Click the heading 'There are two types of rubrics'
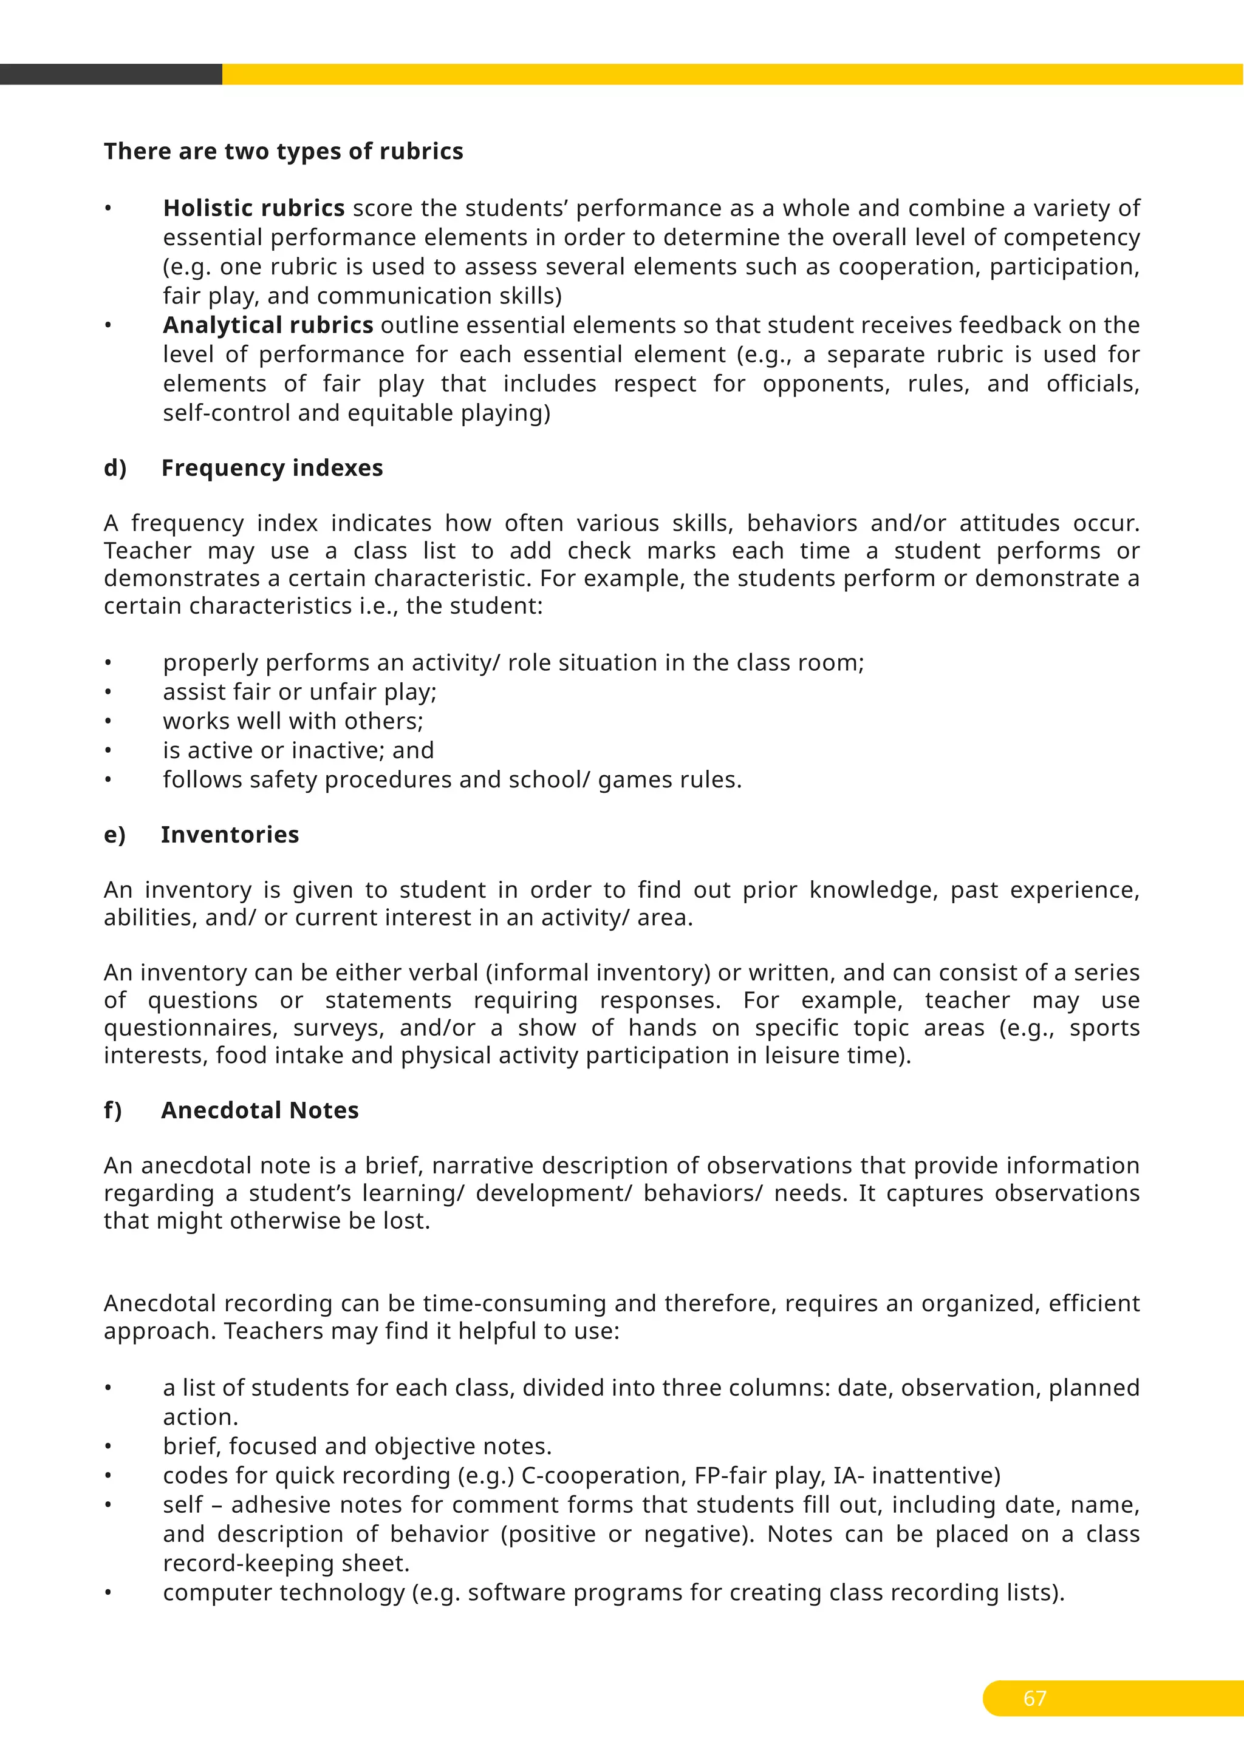coord(284,152)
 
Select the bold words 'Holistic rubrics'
coord(253,208)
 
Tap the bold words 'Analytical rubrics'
coord(268,325)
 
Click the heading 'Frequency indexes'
coord(272,468)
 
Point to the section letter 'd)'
coord(115,468)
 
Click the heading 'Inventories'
coord(230,835)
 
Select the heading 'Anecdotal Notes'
coord(260,1110)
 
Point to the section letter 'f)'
coord(112,1110)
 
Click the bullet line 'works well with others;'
coord(293,721)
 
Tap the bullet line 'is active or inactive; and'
coord(298,750)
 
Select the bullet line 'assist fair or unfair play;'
coord(299,692)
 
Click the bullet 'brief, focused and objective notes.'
coord(357,1447)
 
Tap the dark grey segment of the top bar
coord(111,74)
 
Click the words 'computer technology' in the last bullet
coord(284,1593)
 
